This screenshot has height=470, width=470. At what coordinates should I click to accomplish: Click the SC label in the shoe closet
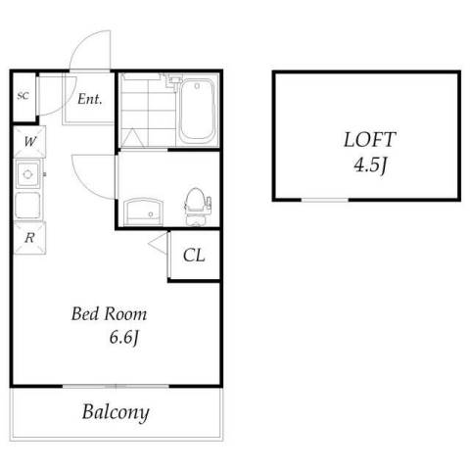pos(23,96)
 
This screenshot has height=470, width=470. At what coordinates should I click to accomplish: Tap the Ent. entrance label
pos(90,99)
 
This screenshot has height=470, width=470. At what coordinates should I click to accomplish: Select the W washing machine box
pos(29,142)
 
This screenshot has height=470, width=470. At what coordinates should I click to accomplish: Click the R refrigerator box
pos(29,238)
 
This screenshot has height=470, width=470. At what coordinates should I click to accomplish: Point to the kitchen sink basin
pos(28,174)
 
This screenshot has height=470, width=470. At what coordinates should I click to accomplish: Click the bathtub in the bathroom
pos(197,110)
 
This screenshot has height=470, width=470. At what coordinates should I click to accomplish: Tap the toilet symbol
pos(197,207)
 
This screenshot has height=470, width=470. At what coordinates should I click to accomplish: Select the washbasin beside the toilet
pos(143,211)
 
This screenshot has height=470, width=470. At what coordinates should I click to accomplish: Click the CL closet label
pos(194,256)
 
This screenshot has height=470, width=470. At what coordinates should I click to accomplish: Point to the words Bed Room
pos(109,314)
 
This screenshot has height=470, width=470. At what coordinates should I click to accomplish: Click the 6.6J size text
pos(124,337)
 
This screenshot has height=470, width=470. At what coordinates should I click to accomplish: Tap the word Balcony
pos(116,413)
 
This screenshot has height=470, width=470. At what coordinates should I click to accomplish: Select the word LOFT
pos(370,139)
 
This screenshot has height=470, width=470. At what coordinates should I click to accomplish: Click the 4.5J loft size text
pos(370,165)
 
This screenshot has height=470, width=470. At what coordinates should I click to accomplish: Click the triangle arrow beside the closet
pos(158,244)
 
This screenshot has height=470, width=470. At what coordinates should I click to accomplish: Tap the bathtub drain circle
pos(197,86)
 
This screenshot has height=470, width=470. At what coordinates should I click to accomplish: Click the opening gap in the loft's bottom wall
pos(325,200)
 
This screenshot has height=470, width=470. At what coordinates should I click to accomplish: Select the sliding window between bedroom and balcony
pos(116,387)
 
